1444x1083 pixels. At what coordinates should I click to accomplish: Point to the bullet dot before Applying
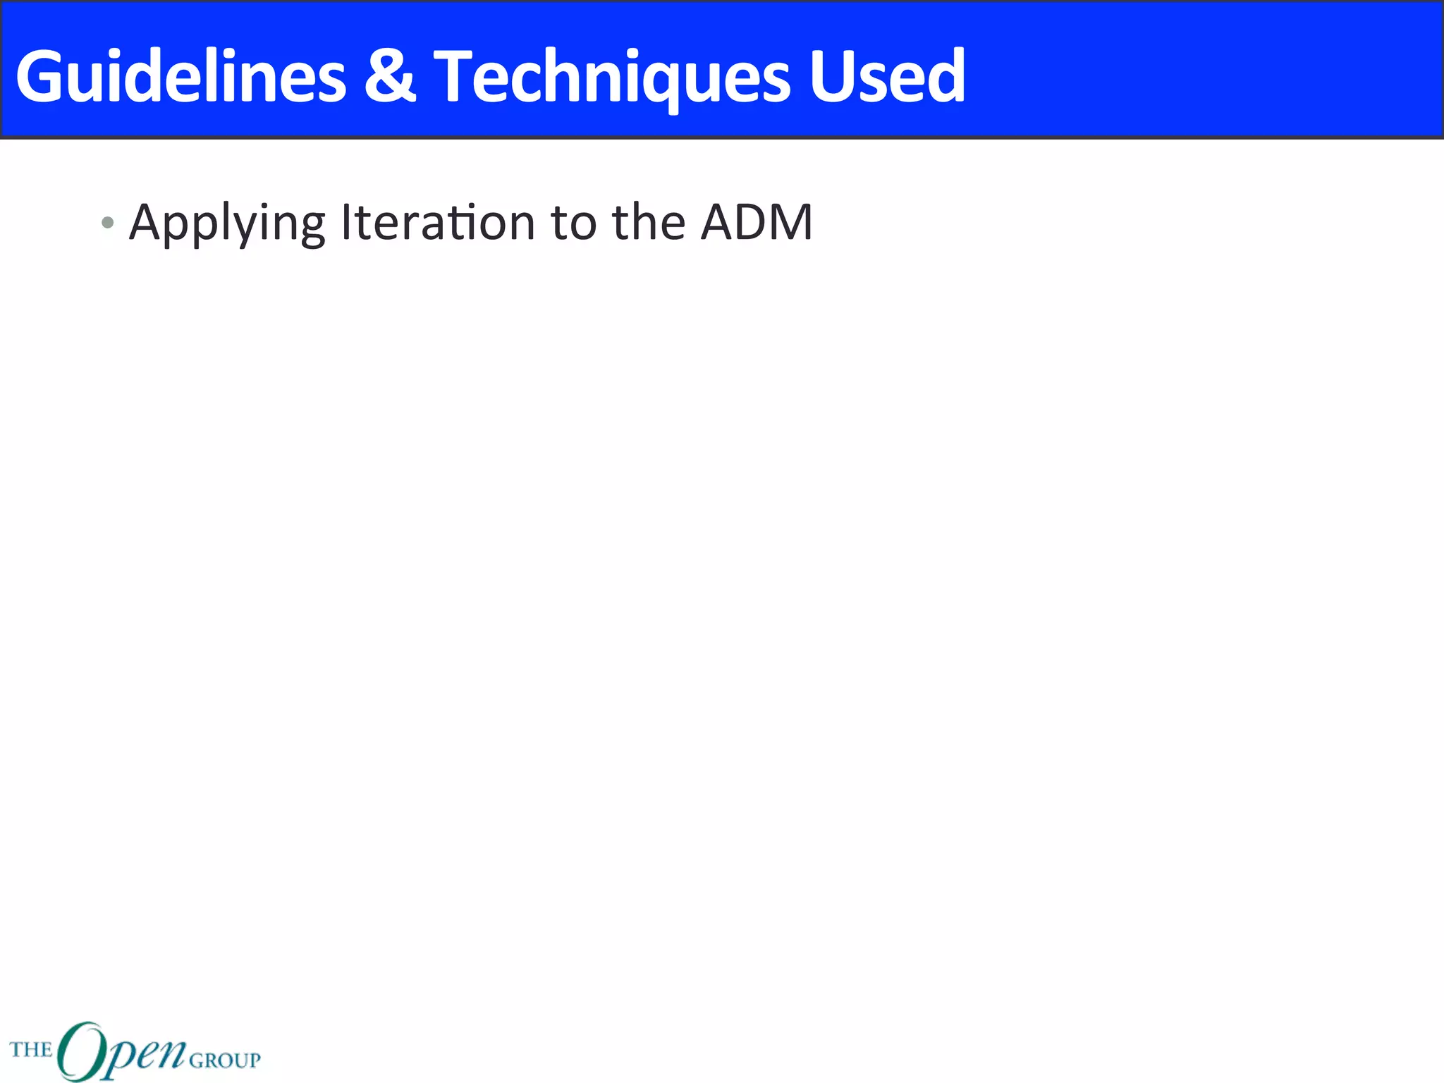point(107,224)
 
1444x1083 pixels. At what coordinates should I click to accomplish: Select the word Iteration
point(437,223)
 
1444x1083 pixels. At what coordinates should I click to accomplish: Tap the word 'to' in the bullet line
point(573,223)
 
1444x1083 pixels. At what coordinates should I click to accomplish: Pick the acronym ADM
point(757,223)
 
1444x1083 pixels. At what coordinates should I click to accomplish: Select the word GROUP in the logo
point(225,1060)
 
